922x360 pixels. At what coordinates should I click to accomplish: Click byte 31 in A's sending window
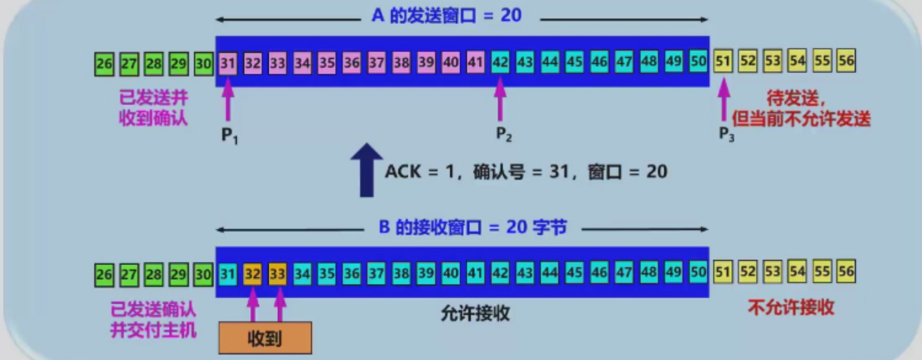point(228,62)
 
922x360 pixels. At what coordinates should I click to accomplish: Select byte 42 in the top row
point(500,62)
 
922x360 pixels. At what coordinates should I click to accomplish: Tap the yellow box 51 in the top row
point(723,62)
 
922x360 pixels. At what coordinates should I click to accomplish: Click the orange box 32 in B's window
point(252,274)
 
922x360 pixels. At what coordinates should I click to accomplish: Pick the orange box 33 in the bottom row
point(277,274)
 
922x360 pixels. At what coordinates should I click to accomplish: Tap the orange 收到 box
point(265,338)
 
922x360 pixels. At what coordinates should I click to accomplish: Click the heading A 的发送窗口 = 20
point(446,15)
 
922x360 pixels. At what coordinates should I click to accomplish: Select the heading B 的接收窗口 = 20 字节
point(472,228)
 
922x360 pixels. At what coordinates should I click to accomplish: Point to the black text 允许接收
point(475,314)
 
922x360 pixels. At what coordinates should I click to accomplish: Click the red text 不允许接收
point(791,307)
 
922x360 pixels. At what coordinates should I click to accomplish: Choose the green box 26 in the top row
point(104,63)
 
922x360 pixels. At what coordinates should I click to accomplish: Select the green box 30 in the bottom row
point(203,274)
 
